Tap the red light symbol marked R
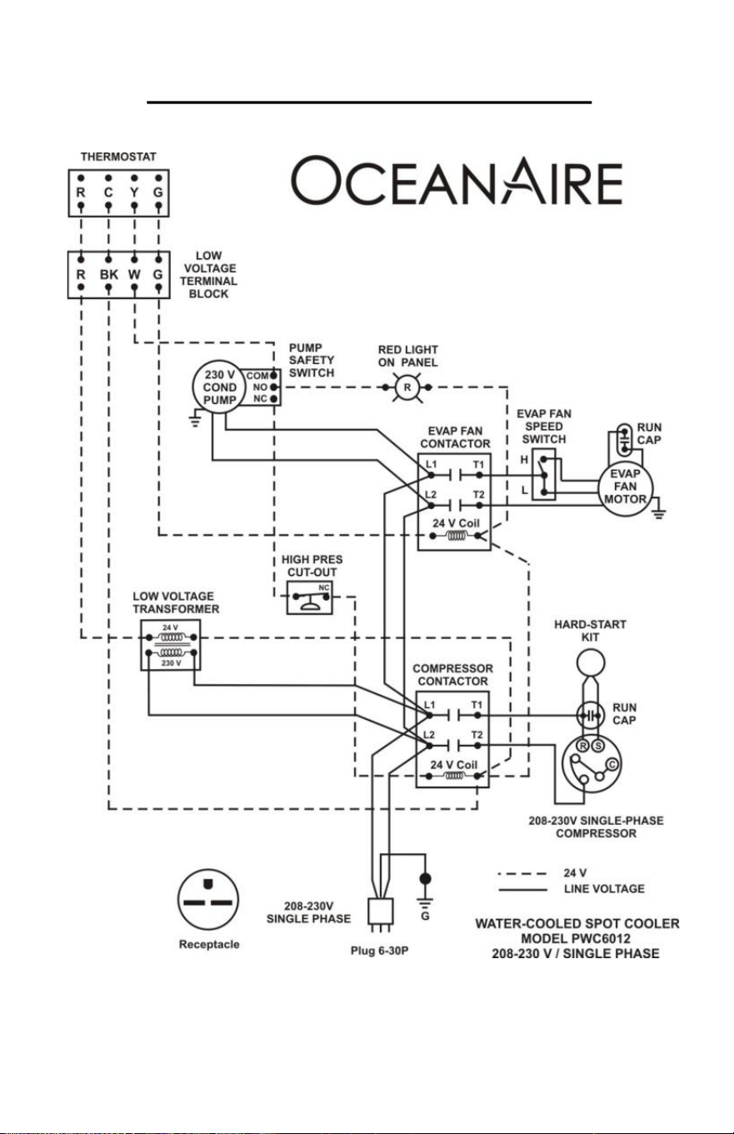[x=407, y=387]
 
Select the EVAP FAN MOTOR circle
[x=625, y=487]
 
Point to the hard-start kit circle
[x=591, y=662]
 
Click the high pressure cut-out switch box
[x=310, y=597]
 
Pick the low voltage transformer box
[x=171, y=645]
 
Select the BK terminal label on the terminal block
[x=109, y=274]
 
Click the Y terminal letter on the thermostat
[x=134, y=192]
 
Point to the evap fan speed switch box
[x=544, y=474]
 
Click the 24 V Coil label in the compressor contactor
[x=453, y=764]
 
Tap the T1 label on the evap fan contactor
[x=478, y=464]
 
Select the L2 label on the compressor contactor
[x=429, y=735]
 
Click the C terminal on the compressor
[x=612, y=764]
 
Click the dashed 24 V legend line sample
[x=522, y=873]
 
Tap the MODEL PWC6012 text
[x=576, y=938]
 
